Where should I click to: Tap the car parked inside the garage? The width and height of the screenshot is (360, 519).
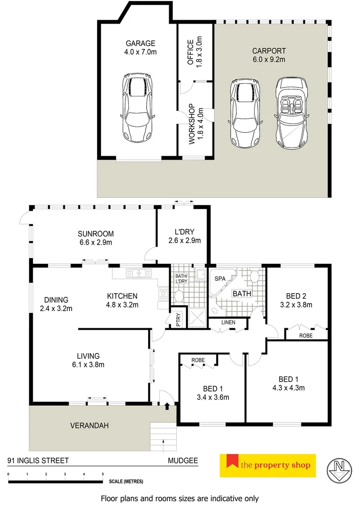138,105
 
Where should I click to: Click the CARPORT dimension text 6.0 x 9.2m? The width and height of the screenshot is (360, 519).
269,60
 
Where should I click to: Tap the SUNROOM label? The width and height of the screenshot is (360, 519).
96,234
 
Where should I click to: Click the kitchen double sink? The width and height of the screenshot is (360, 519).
139,273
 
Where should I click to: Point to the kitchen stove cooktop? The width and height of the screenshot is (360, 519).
163,294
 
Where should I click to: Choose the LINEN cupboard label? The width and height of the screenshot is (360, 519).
228,322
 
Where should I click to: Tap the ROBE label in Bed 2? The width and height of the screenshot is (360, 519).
305,335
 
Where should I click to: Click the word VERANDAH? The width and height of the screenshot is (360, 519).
89,425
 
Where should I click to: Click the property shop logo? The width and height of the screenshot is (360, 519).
268,465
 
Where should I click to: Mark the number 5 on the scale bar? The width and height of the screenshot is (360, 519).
103,474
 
